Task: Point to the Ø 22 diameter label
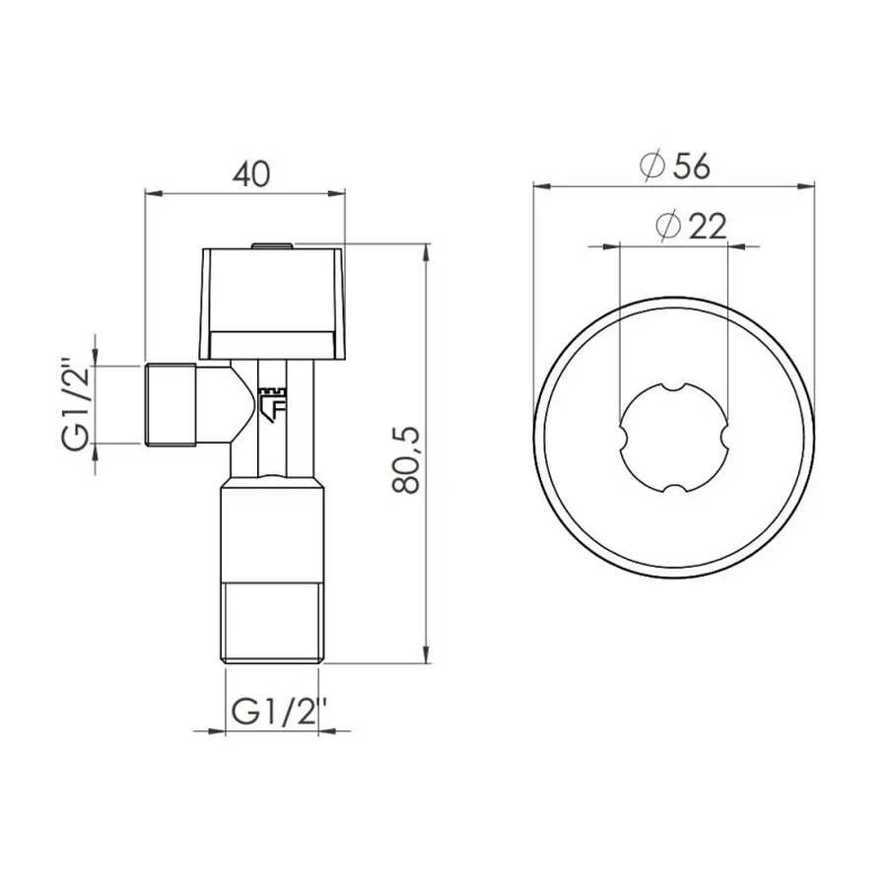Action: pyautogui.click(x=690, y=226)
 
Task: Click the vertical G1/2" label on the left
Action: pyautogui.click(x=76, y=405)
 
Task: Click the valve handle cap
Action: pyautogui.click(x=274, y=302)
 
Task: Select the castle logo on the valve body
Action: pyautogui.click(x=271, y=403)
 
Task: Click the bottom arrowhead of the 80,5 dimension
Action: pyautogui.click(x=426, y=657)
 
